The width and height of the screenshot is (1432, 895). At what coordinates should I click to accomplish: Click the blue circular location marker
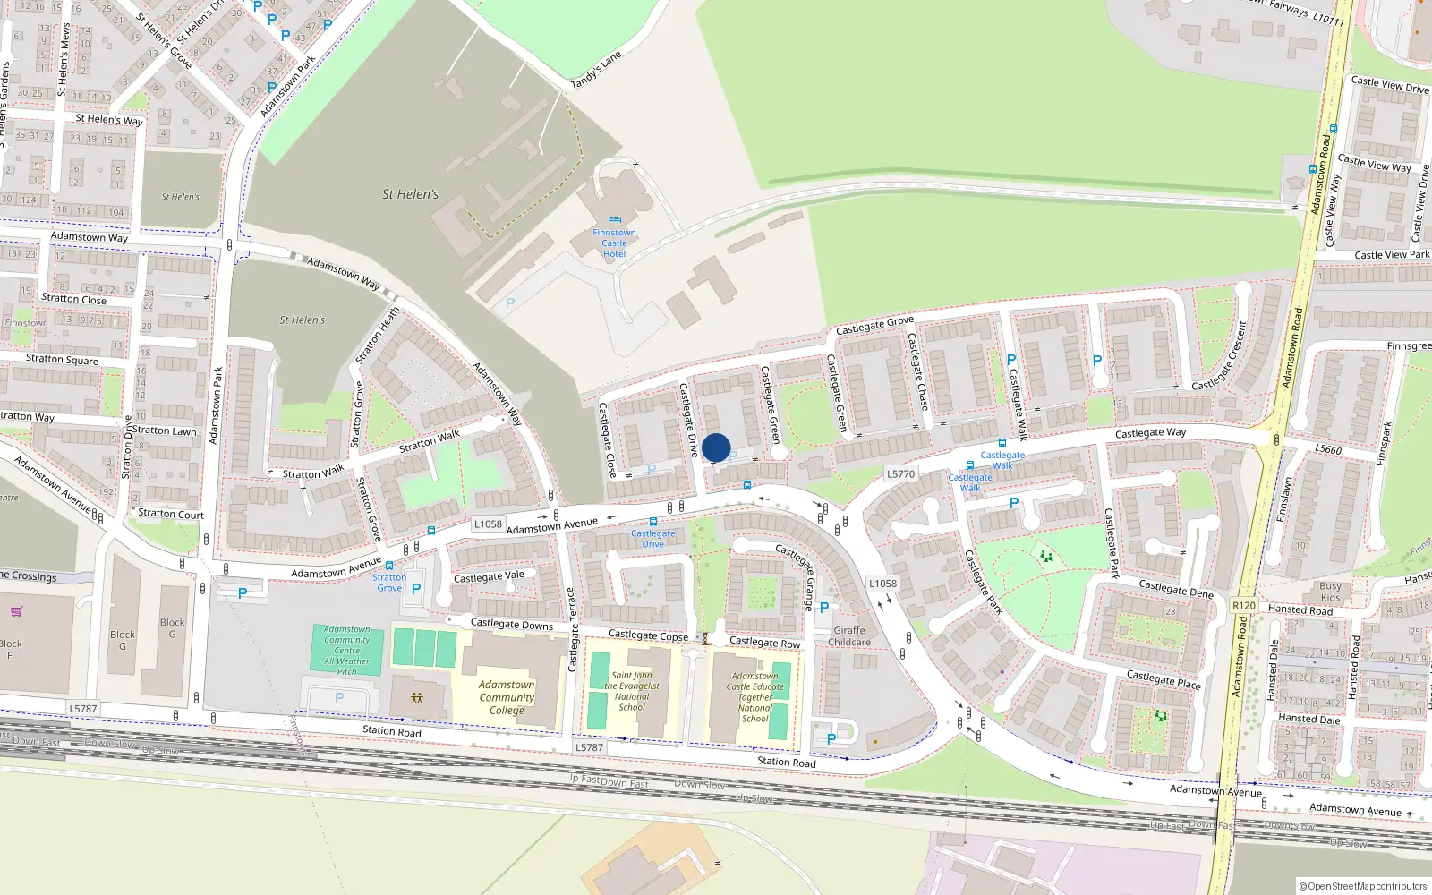(716, 447)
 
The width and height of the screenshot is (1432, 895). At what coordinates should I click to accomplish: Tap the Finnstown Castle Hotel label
(614, 243)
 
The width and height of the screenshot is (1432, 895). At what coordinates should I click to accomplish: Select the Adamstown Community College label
(507, 697)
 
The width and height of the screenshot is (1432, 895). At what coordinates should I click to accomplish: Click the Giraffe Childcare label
(849, 636)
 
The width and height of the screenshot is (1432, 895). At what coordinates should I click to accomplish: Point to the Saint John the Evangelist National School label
(632, 691)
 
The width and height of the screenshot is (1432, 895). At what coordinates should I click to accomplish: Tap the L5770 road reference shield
(901, 473)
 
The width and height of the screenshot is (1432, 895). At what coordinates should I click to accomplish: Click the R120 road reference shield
(1244, 605)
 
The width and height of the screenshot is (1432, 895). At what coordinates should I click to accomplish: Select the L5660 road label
(1328, 448)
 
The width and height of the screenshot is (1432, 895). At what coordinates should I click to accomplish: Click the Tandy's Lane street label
(596, 70)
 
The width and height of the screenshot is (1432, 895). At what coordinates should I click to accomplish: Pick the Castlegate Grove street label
(874, 325)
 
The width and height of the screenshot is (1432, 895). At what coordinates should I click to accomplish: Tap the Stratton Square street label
(62, 359)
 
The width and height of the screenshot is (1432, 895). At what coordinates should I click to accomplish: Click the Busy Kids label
(1330, 592)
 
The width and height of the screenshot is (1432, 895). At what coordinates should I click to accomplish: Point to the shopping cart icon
(16, 612)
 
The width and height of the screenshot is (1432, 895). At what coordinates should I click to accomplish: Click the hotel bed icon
(614, 219)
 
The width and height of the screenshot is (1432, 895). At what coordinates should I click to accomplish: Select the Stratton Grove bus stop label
(389, 583)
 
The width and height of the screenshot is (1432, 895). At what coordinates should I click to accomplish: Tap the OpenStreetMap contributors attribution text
(1363, 886)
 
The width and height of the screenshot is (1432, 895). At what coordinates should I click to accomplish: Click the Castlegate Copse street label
(648, 635)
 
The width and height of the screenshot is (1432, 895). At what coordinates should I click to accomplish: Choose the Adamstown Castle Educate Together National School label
(754, 697)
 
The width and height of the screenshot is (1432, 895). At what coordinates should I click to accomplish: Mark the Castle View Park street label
(1392, 255)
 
